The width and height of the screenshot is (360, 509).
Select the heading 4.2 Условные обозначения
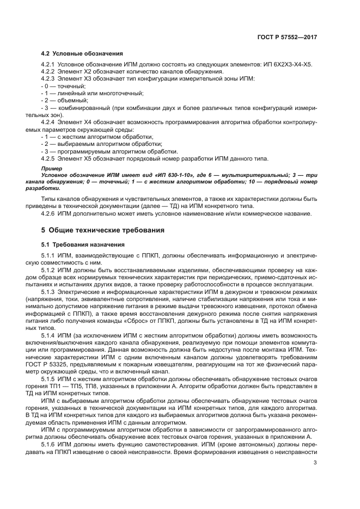[x=82, y=53]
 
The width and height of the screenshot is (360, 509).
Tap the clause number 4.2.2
[x=50, y=71]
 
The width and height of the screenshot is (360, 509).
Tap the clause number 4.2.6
[x=50, y=213]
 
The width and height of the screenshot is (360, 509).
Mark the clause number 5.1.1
[x=50, y=255]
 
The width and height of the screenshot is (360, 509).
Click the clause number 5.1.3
[x=50, y=293]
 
